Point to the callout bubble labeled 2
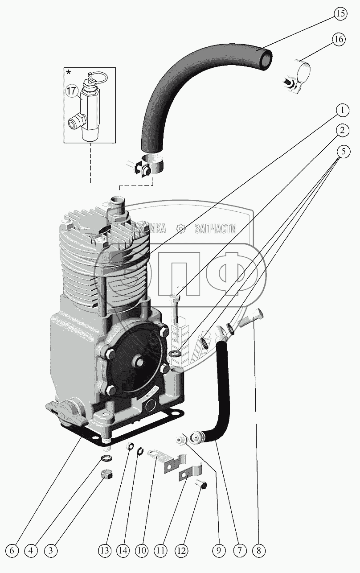(x=342, y=130)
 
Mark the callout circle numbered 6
(x=12, y=551)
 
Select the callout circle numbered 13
(x=105, y=551)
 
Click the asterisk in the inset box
(x=69, y=72)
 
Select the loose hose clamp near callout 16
(x=296, y=78)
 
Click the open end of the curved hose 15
(x=266, y=59)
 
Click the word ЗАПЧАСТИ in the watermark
(x=216, y=229)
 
